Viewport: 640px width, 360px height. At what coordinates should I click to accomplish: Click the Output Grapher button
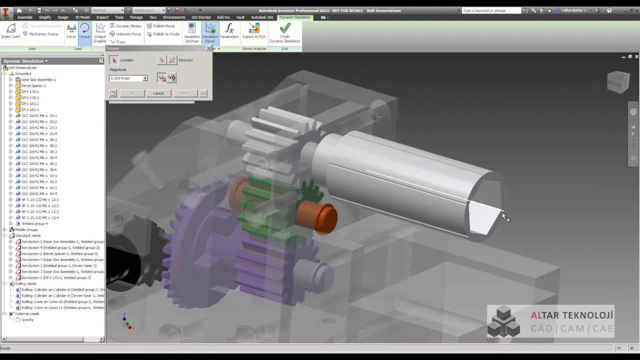pyautogui.click(x=100, y=32)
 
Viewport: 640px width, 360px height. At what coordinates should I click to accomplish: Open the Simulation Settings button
pyautogui.click(x=192, y=32)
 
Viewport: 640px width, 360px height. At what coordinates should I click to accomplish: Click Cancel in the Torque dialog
pyautogui.click(x=158, y=93)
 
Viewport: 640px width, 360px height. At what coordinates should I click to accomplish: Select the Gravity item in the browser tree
pyautogui.click(x=27, y=319)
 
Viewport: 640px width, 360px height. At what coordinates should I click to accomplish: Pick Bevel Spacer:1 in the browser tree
pyautogui.click(x=33, y=85)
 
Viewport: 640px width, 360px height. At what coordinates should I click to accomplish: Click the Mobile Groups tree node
pyautogui.click(x=26, y=229)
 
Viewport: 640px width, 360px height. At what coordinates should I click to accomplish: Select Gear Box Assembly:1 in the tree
pyautogui.click(x=38, y=79)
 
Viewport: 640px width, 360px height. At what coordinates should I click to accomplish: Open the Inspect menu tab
pyautogui.click(x=102, y=17)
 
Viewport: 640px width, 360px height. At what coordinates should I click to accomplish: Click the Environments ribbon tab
pyautogui.click(x=174, y=17)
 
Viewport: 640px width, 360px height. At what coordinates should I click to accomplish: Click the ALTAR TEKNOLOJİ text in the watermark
pyautogui.click(x=571, y=315)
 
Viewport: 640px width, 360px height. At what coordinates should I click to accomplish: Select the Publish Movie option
pyautogui.click(x=163, y=26)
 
